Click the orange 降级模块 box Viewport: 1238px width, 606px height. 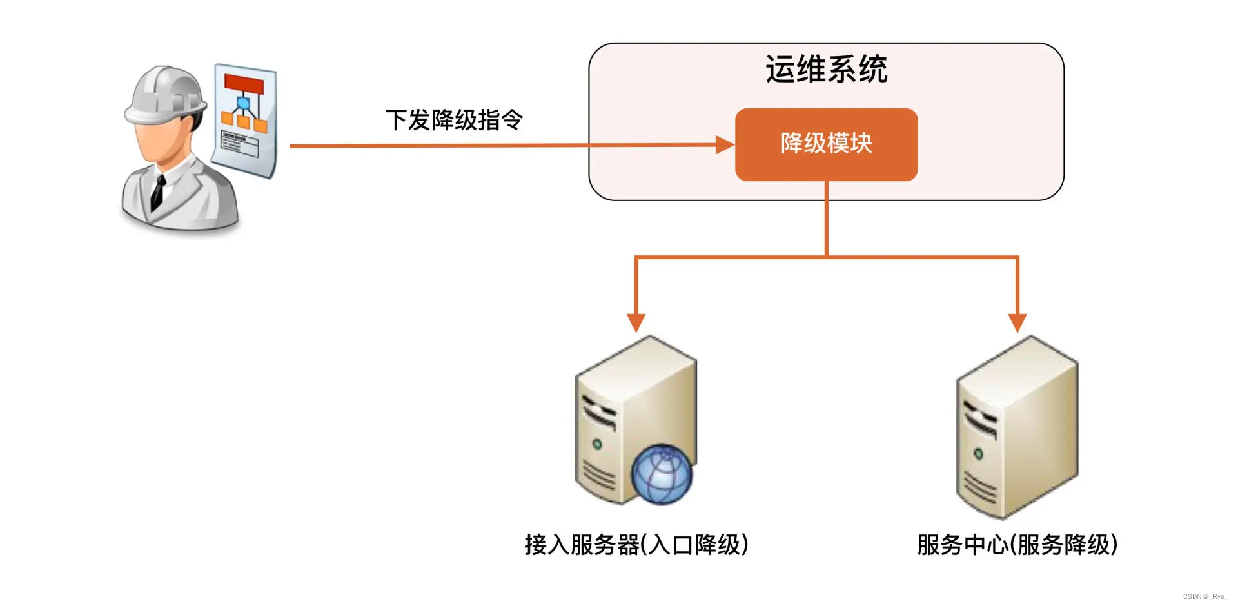pyautogui.click(x=826, y=144)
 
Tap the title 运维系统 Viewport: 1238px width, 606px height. pyautogui.click(x=826, y=69)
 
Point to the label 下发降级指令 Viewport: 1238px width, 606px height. pyautogui.click(x=454, y=120)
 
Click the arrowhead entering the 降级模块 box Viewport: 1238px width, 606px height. pyautogui.click(x=725, y=145)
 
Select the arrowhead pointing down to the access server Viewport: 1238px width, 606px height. pyautogui.click(x=636, y=322)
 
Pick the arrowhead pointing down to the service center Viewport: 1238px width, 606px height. pyautogui.click(x=1017, y=322)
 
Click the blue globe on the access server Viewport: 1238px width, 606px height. pyautogui.click(x=662, y=474)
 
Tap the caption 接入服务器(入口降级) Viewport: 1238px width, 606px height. pyautogui.click(x=636, y=545)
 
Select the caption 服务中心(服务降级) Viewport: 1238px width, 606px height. pyautogui.click(x=1017, y=545)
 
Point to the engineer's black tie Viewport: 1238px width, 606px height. pyautogui.click(x=157, y=191)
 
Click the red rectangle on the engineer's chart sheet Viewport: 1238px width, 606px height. pyautogui.click(x=244, y=84)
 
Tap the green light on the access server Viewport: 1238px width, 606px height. pyautogui.click(x=597, y=444)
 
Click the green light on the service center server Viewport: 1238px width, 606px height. pyautogui.click(x=978, y=454)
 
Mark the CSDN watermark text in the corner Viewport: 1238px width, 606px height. pyautogui.click(x=1204, y=597)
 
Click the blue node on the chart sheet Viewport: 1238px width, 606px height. pyautogui.click(x=243, y=103)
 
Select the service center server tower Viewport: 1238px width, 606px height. pyautogui.click(x=1017, y=425)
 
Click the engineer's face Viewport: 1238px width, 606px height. pyautogui.click(x=159, y=142)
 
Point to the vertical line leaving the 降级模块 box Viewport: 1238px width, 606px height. pyautogui.click(x=826, y=219)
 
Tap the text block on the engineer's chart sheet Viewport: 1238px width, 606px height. pyautogui.click(x=239, y=143)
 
